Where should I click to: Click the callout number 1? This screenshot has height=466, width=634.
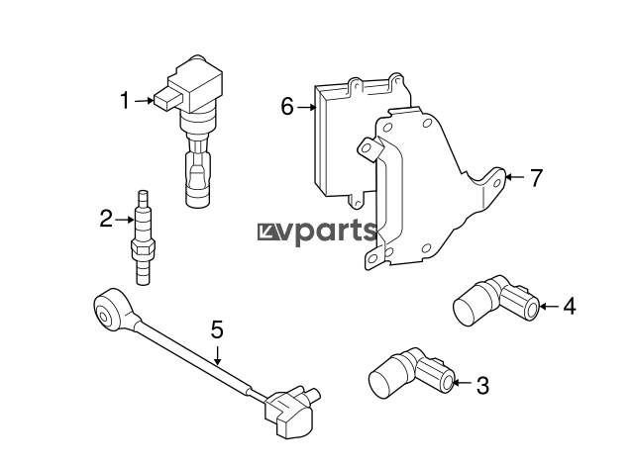click(126, 100)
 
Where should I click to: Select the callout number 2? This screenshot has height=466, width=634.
click(106, 219)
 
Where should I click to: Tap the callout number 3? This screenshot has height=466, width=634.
click(482, 386)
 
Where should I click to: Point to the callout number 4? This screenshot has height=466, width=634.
click(570, 306)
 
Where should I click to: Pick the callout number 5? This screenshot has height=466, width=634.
click(217, 329)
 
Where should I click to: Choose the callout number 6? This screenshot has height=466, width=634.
click(287, 107)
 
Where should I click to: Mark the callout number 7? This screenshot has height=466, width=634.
click(536, 178)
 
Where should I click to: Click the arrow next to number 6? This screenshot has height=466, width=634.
click(306, 107)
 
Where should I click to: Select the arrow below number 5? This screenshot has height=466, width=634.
click(218, 356)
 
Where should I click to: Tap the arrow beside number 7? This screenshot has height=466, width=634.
click(515, 177)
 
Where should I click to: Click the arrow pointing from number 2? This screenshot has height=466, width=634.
click(125, 220)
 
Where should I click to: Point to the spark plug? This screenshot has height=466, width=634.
click(143, 237)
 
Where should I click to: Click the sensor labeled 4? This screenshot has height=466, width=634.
click(496, 300)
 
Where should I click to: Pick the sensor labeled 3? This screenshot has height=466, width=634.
click(412, 373)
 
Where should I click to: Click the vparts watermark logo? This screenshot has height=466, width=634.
click(317, 232)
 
